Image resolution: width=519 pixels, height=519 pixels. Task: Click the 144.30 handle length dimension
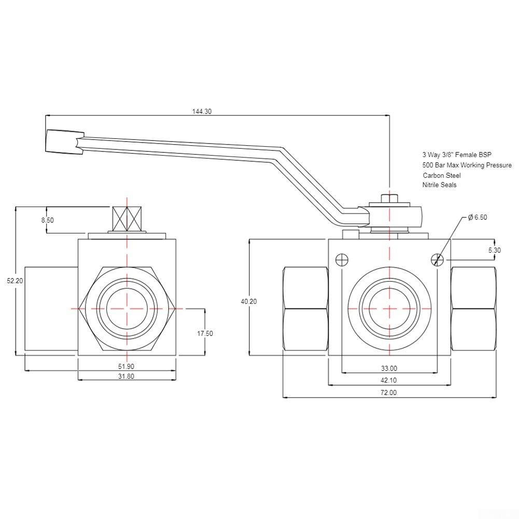click(202, 111)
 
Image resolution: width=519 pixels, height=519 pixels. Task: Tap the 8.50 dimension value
click(47, 220)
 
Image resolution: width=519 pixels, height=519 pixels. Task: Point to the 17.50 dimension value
click(205, 333)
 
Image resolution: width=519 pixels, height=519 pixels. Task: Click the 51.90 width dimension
click(126, 366)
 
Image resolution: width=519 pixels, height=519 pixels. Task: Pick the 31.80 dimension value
click(126, 376)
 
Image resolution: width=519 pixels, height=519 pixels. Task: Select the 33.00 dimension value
click(389, 369)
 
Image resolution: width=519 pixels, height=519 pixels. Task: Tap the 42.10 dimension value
click(389, 381)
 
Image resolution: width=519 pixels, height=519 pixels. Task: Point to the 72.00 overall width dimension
click(389, 393)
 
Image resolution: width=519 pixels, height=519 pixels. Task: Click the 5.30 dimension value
click(494, 250)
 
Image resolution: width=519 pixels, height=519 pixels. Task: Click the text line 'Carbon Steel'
click(441, 175)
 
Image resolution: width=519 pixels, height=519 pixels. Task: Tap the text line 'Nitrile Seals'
click(439, 185)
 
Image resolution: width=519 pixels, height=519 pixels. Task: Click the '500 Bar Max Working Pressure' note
click(467, 165)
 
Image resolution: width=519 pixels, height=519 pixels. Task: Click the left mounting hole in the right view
click(342, 260)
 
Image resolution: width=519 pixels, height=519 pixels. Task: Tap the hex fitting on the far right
click(473, 309)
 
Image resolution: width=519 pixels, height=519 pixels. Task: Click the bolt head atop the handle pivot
click(389, 199)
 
